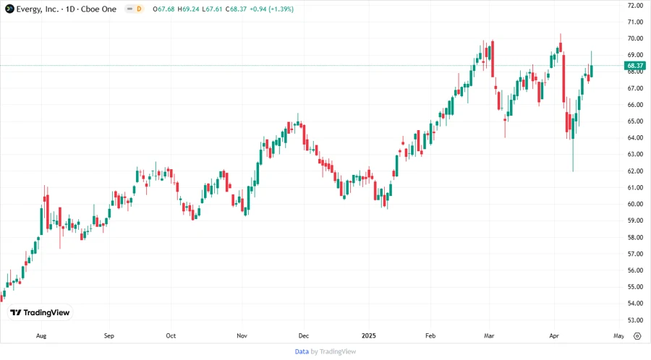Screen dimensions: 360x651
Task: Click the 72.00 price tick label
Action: pos(636,5)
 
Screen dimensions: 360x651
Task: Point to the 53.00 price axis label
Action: pos(636,320)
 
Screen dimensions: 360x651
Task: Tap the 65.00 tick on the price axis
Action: pos(636,121)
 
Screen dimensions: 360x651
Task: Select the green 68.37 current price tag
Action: pos(636,66)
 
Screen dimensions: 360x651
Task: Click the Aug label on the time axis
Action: pos(41,336)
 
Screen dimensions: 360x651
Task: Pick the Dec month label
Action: pos(304,336)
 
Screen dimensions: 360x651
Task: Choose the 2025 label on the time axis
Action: pos(368,336)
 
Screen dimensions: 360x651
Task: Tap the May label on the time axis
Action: pos(618,336)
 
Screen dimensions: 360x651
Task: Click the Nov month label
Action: pos(242,336)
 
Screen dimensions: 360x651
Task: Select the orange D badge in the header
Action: pos(138,8)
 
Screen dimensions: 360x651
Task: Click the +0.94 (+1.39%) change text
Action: pos(268,8)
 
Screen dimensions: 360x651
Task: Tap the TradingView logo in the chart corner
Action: pos(41,313)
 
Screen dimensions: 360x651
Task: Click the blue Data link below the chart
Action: pos(302,351)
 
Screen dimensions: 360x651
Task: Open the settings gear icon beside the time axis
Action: pos(637,336)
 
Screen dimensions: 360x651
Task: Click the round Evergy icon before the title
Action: pos(9,8)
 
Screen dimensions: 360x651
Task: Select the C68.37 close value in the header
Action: pos(238,8)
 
